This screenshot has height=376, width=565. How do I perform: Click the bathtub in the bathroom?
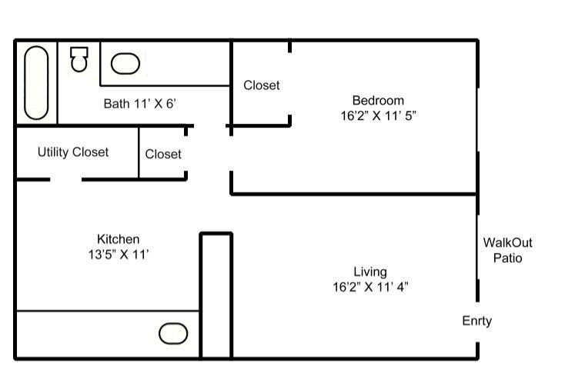coord(36,82)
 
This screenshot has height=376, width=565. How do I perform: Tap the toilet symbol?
coord(79,59)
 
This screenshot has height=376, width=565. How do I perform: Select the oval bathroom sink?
coord(125,64)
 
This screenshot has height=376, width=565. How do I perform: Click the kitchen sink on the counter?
coord(173,334)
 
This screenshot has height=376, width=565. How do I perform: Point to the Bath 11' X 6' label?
coord(140,104)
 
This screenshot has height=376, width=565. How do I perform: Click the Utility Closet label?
coord(73,152)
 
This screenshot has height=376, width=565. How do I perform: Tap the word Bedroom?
coord(378,100)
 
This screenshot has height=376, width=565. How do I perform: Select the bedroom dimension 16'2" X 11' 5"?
coord(379,115)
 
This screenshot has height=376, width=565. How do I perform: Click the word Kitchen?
coord(119,239)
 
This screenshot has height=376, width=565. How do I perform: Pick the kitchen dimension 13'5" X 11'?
coord(119,255)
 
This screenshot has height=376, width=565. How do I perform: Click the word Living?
coord(370,272)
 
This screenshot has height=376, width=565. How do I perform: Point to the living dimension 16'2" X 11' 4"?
coord(370,287)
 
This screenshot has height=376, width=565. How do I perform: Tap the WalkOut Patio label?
coord(508,250)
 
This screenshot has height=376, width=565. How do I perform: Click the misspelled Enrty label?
coord(476,321)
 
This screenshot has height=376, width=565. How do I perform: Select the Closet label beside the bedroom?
coord(261,85)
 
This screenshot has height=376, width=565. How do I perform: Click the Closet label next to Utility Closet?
coord(163,154)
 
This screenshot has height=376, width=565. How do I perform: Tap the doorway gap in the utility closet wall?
coord(66,179)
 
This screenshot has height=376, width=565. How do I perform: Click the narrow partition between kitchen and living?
coord(216,296)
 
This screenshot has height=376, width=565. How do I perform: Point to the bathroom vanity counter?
coord(165,64)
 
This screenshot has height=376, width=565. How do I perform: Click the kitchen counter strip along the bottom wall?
coord(108,334)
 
